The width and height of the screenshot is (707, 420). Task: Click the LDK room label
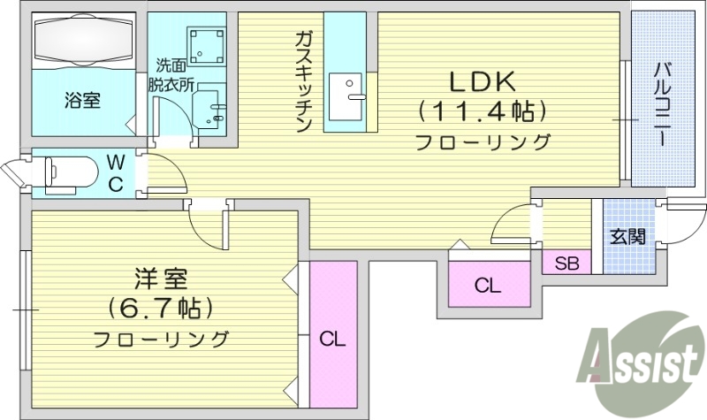click(x=483, y=82)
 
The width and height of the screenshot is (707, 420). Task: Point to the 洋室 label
click(x=161, y=280)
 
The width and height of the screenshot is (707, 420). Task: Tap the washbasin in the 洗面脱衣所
click(x=213, y=110)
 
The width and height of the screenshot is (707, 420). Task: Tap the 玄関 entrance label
click(x=627, y=236)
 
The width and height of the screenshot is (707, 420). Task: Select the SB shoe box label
click(x=566, y=263)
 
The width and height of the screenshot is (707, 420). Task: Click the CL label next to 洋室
click(x=331, y=339)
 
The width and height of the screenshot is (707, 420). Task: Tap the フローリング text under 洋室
click(x=161, y=339)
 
